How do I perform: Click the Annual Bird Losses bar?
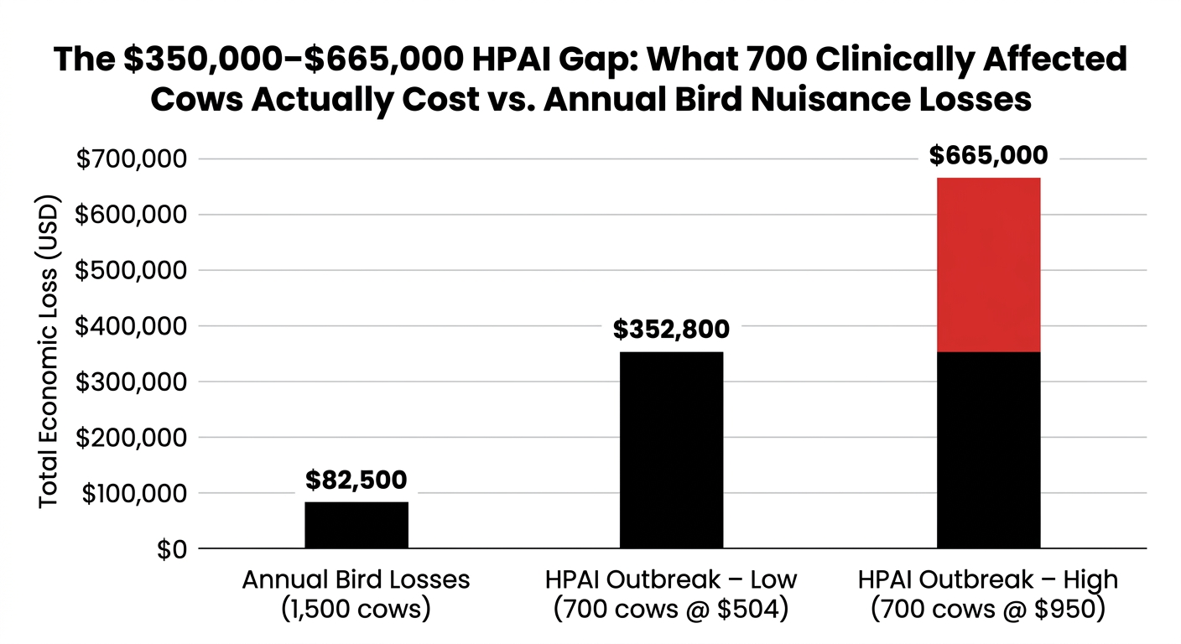pos(356,525)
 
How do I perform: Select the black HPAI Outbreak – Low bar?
pos(671,449)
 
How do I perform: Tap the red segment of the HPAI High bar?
pos(988,264)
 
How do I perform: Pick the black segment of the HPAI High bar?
pos(988,449)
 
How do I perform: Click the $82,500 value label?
pos(356,480)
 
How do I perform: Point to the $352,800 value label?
pos(671,330)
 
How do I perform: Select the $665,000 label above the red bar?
pos(988,156)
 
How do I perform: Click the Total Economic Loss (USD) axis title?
pos(49,352)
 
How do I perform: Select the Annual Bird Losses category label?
pos(356,579)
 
